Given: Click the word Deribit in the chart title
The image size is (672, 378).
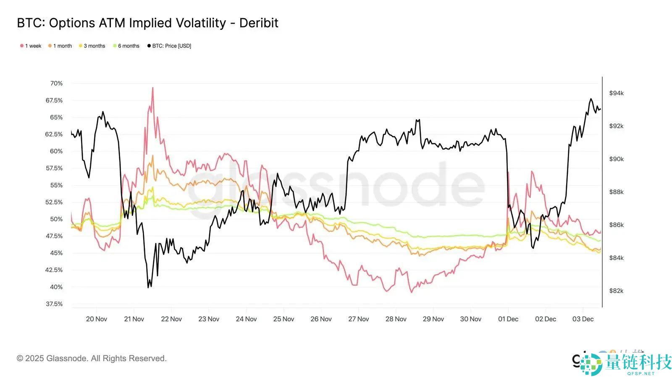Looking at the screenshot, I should (259, 23).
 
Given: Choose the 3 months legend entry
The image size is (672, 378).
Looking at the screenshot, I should (94, 46).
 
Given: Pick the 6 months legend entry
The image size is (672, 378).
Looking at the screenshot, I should (128, 46).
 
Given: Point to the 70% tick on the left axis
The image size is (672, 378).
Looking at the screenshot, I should (56, 83).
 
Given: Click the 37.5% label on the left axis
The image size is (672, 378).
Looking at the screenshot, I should (54, 304).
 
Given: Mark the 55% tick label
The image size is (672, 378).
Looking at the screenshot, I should (56, 185).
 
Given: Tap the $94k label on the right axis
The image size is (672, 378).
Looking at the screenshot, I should (616, 93).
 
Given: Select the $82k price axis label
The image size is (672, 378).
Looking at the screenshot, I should (616, 291).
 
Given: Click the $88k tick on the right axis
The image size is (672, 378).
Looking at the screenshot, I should (616, 192).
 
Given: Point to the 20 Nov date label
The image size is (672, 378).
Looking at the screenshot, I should (97, 319).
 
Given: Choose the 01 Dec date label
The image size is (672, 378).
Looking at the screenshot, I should (508, 319).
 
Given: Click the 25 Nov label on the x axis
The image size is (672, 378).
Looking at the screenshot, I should (283, 319).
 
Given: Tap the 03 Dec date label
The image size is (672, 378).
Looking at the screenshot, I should (583, 319).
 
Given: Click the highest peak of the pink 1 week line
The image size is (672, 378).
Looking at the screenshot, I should (152, 88).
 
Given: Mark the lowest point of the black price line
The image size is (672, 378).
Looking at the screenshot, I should (148, 287).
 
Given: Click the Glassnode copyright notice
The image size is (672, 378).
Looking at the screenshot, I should (92, 358).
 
